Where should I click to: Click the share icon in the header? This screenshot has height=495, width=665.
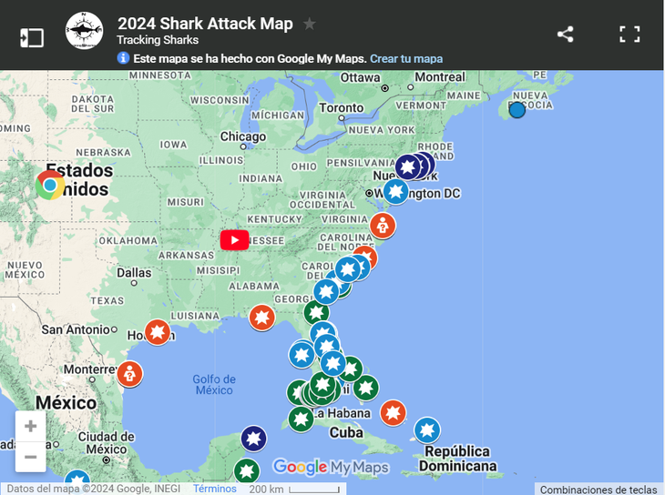pyautogui.click(x=565, y=35)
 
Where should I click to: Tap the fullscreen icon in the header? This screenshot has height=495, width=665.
pyautogui.click(x=629, y=35)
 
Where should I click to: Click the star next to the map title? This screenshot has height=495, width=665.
pyautogui.click(x=310, y=24)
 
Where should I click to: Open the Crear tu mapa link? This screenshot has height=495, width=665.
pyautogui.click(x=406, y=58)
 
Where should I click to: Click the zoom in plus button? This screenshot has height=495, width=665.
pyautogui.click(x=31, y=426)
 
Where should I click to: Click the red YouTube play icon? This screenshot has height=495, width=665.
pyautogui.click(x=234, y=239)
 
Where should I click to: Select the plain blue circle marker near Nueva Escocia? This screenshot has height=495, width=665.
pyautogui.click(x=517, y=110)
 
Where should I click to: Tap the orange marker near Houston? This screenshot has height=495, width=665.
pyautogui.click(x=158, y=331)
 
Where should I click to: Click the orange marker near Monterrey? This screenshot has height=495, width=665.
pyautogui.click(x=129, y=373)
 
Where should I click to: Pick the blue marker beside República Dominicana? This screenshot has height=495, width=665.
pyautogui.click(x=426, y=429)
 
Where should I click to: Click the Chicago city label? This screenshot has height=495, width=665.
pyautogui.click(x=243, y=137)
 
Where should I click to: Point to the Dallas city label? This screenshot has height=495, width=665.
pyautogui.click(x=133, y=272)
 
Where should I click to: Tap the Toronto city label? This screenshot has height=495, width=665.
pyautogui.click(x=340, y=108)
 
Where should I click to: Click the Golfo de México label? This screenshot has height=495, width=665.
pyautogui.click(x=214, y=384)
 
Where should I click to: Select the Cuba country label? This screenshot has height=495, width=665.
pyautogui.click(x=345, y=433)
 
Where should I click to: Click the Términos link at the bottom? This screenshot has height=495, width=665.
pyautogui.click(x=214, y=489)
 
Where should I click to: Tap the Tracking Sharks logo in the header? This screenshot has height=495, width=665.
pyautogui.click(x=84, y=31)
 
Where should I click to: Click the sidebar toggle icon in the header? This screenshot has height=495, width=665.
pyautogui.click(x=32, y=37)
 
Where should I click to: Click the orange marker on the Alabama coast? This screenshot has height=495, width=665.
pyautogui.click(x=261, y=317)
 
